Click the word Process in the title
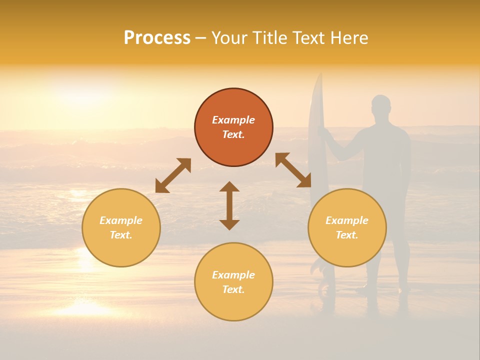157,38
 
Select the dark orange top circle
233,127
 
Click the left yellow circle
121,227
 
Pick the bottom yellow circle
233,282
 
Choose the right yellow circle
347,227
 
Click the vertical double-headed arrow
229,205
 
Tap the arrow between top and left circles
173,175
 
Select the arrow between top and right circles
293,170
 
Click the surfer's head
381,105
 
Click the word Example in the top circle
233,120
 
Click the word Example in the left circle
121,220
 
